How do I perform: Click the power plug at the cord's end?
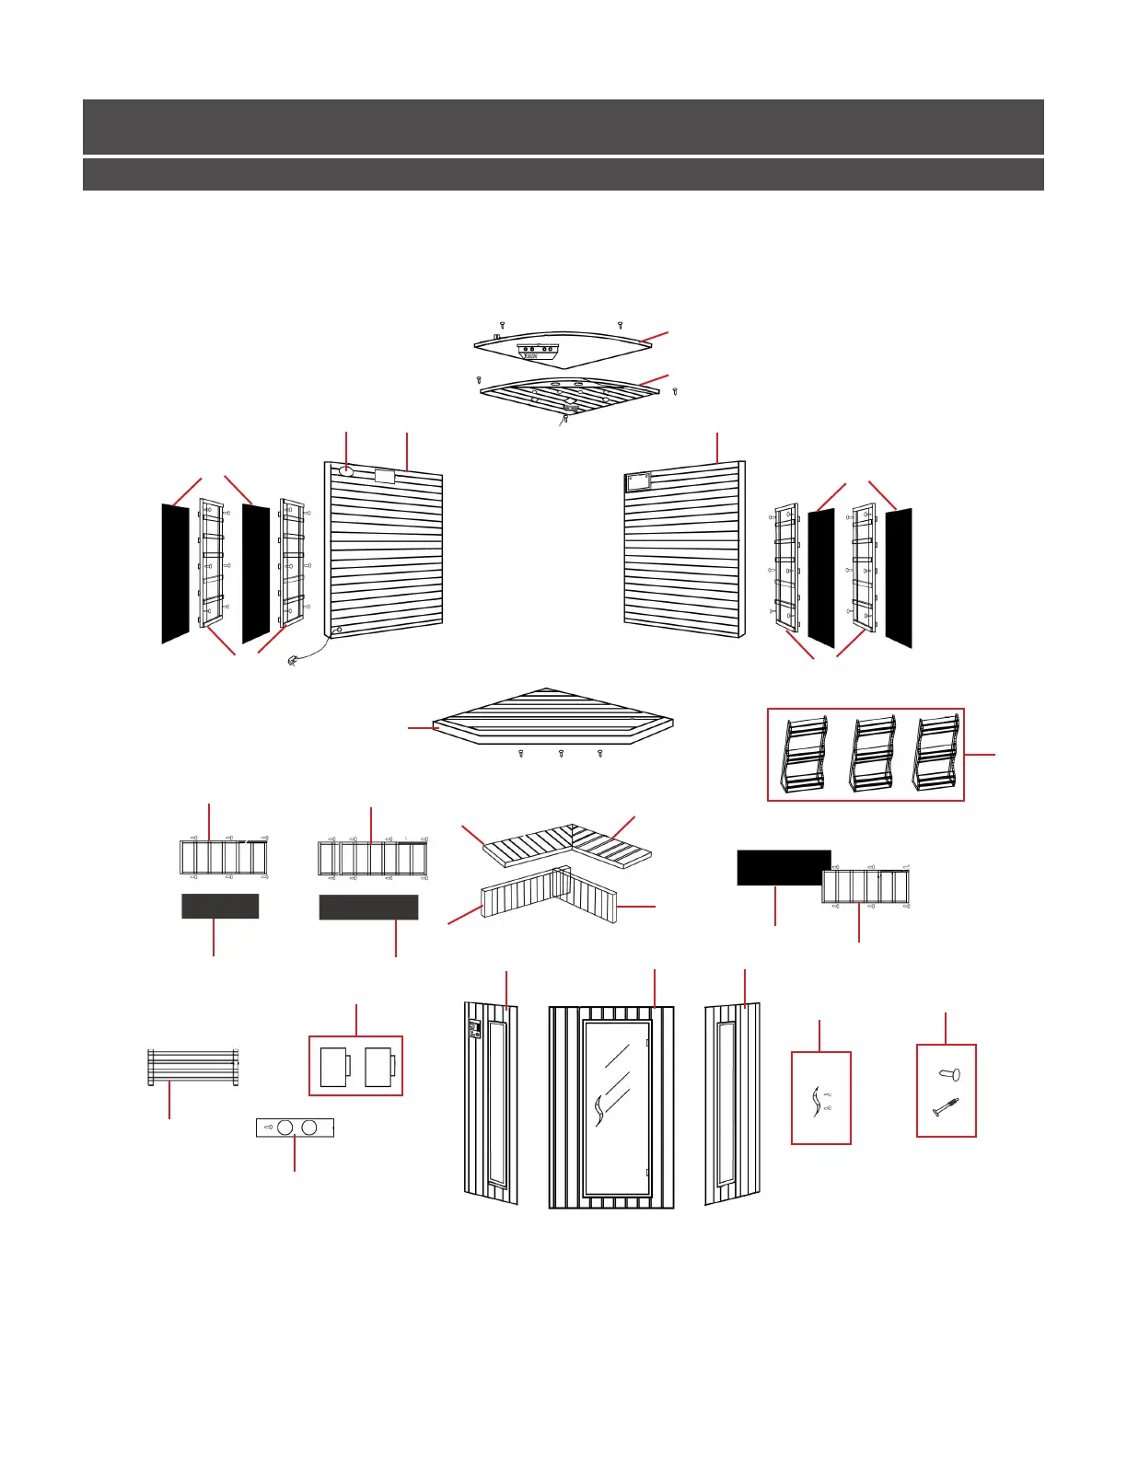(x=293, y=661)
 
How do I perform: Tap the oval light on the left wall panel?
(x=346, y=471)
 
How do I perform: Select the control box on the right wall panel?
(x=638, y=480)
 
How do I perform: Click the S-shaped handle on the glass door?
(x=599, y=1110)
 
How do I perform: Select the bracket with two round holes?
(x=295, y=1128)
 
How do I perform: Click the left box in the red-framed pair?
(x=334, y=1067)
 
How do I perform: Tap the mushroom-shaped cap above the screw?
(x=949, y=1074)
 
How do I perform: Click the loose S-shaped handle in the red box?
(x=815, y=1101)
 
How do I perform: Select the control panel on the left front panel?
(x=475, y=1029)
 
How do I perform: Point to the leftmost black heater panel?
(x=175, y=573)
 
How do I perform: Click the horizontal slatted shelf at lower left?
(x=193, y=1067)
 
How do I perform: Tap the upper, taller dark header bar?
(x=563, y=126)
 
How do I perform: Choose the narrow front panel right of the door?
(x=733, y=1104)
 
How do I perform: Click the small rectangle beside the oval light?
(x=385, y=476)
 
